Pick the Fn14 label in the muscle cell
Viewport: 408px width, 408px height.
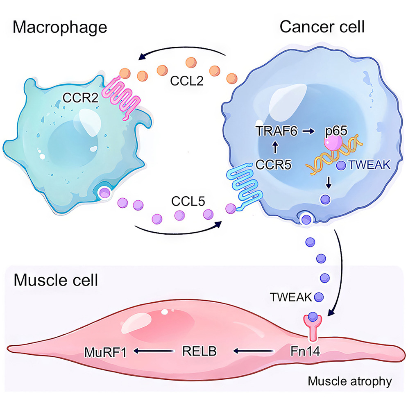pyautogui.click(x=301, y=351)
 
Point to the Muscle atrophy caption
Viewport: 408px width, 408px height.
pyautogui.click(x=349, y=382)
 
